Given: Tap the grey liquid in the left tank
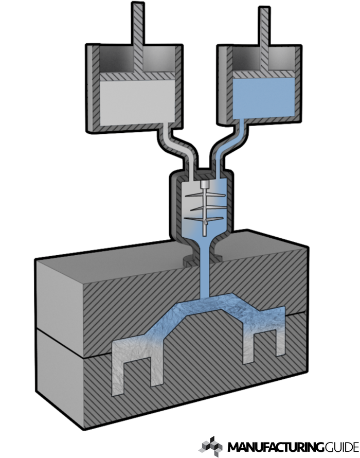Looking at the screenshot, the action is click(137, 102).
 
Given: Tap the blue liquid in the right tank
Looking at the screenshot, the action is click(264, 98).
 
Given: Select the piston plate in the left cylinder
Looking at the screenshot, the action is click(137, 76).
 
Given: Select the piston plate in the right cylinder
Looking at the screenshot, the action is click(264, 74).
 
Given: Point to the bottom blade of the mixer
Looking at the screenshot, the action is click(204, 219).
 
